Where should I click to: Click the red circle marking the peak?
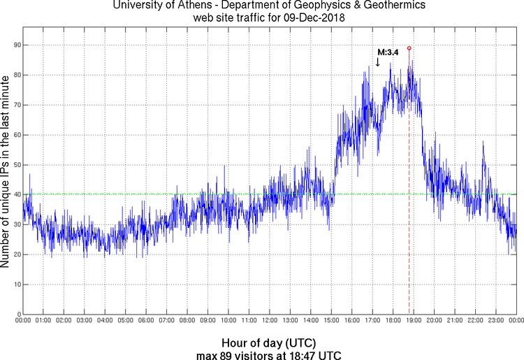[409, 48]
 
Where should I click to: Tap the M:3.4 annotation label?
[388, 52]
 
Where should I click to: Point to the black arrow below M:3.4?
[378, 62]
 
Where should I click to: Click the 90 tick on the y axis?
[17, 45]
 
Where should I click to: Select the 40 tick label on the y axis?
[17, 194]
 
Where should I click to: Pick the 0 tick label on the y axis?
[19, 314]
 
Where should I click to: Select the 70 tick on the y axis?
[17, 105]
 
